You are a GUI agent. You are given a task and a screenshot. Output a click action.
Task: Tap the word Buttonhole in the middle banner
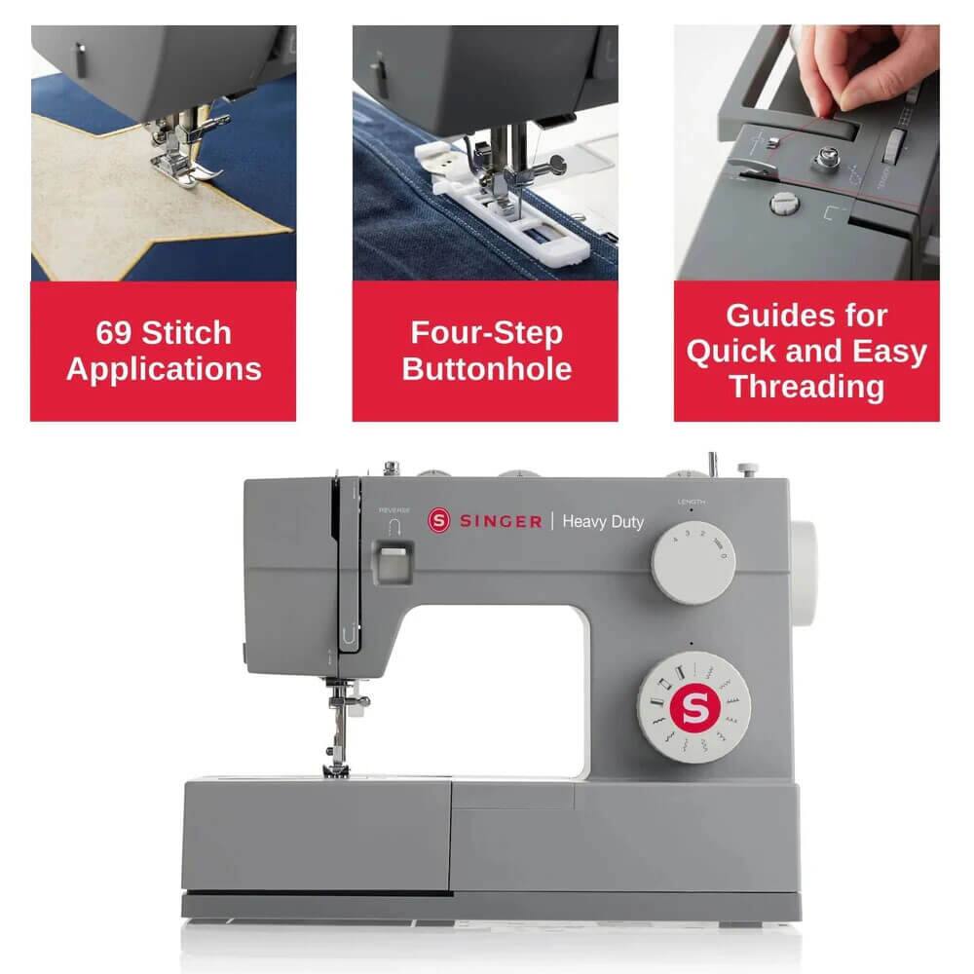(486, 369)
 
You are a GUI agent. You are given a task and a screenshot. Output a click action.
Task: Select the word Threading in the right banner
(806, 386)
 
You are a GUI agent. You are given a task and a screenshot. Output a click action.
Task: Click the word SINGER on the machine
(500, 522)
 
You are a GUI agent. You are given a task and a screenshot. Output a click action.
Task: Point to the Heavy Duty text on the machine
(604, 522)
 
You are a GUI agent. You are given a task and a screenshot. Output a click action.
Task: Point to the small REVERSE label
(394, 510)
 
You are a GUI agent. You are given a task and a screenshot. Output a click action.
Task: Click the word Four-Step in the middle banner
(486, 333)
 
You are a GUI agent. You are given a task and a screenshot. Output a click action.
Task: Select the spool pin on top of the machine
(713, 464)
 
